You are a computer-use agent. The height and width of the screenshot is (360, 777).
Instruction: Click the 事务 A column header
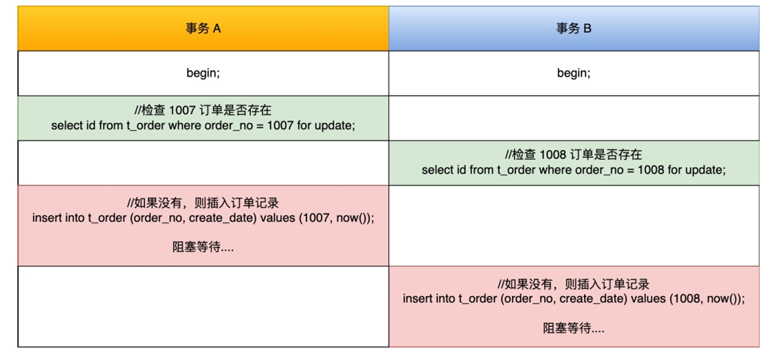(203, 29)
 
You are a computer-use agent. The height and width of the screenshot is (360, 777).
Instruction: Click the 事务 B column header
(574, 29)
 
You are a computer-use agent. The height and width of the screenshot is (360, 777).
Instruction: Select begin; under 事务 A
(203, 73)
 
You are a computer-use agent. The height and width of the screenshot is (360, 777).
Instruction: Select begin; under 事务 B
(574, 73)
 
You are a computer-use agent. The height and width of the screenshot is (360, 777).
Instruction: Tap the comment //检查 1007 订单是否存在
(203, 110)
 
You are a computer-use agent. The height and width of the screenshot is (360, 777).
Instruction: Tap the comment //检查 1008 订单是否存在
(574, 155)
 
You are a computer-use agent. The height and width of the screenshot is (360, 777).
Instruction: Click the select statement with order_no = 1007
(203, 126)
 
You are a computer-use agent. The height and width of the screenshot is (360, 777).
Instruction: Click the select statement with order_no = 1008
(574, 170)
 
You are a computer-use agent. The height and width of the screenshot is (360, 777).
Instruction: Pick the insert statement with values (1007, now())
(203, 218)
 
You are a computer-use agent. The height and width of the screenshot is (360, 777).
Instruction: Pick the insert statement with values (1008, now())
(574, 299)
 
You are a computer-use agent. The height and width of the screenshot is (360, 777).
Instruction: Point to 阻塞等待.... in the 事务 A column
(203, 247)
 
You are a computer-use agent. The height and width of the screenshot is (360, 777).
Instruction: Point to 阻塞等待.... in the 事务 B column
(574, 328)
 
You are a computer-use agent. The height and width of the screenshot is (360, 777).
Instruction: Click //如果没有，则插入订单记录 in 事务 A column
(203, 203)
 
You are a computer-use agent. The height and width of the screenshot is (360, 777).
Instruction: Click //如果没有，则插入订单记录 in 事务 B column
(574, 284)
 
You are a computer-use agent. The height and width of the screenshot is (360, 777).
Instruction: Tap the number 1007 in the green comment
(182, 110)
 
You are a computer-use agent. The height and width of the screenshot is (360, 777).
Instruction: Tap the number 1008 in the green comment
(553, 155)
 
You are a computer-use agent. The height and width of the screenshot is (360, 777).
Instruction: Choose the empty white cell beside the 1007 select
(574, 119)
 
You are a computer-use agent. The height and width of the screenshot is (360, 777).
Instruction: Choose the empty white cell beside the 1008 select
(203, 163)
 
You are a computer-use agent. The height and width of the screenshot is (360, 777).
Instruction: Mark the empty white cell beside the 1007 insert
(574, 226)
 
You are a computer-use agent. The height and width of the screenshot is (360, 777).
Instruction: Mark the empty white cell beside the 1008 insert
(203, 306)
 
